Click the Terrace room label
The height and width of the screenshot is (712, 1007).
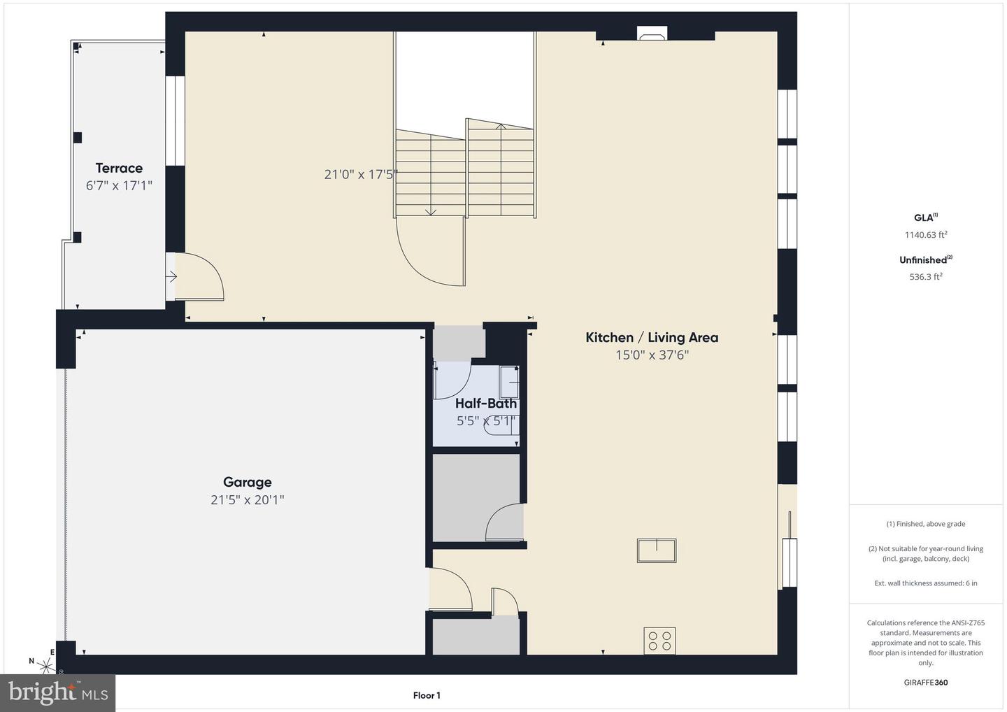click(x=119, y=168)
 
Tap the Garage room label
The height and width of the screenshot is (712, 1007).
click(x=248, y=483)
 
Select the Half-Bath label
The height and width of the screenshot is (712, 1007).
click(x=486, y=403)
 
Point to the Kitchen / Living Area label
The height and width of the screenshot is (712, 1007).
click(x=652, y=338)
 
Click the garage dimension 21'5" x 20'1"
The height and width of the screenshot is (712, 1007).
click(x=248, y=500)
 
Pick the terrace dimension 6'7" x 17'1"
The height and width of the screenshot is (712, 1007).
click(x=119, y=185)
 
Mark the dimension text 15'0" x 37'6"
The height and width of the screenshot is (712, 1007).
click(x=652, y=355)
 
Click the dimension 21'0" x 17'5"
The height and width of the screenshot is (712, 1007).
click(x=361, y=174)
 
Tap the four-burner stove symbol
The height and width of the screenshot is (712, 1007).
click(x=659, y=641)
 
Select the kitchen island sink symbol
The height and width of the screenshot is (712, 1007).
click(x=657, y=550)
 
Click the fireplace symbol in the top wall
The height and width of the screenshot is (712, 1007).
click(x=652, y=34)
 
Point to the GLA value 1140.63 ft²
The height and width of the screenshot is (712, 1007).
click(x=926, y=234)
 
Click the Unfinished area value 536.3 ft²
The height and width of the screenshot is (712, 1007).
click(x=926, y=276)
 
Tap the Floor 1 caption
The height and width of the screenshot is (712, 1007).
click(x=427, y=695)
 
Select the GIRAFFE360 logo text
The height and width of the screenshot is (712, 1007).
click(x=926, y=683)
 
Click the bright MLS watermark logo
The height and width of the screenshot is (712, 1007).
click(x=57, y=692)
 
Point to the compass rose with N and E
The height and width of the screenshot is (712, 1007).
click(x=45, y=664)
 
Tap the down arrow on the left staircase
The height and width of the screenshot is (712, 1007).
click(x=431, y=211)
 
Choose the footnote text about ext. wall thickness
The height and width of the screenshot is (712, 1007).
click(x=926, y=583)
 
